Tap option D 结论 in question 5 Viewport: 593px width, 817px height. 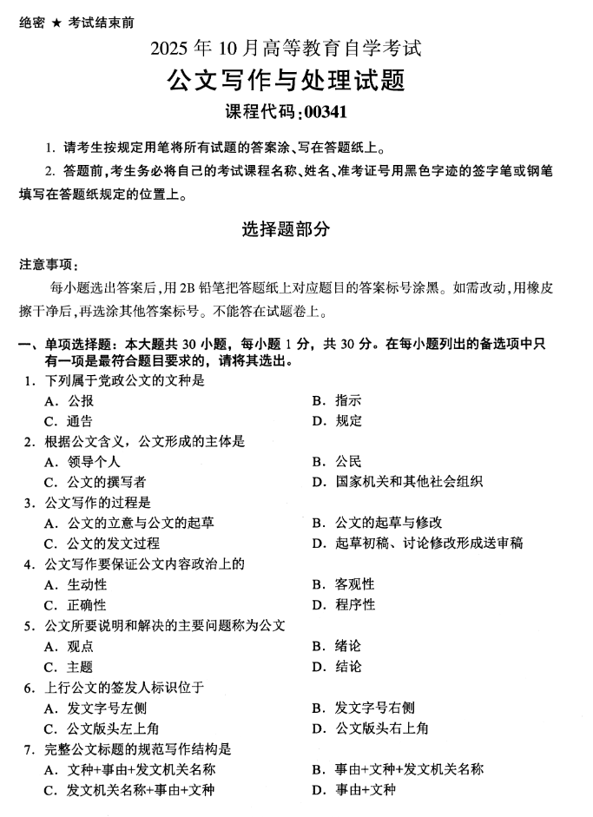coord(348,666)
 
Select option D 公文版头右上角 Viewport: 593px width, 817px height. coord(380,728)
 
